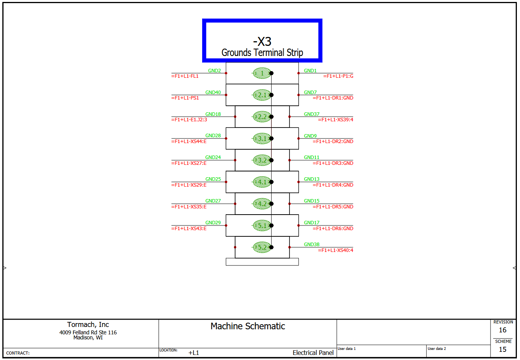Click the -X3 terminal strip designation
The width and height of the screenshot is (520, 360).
(262, 42)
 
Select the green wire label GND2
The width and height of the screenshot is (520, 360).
(214, 71)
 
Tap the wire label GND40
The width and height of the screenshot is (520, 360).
(213, 93)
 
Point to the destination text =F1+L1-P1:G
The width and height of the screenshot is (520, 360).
(338, 76)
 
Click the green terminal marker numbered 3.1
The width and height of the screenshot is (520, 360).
(262, 138)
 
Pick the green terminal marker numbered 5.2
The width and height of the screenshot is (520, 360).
(262, 247)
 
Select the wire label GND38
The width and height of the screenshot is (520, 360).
(312, 245)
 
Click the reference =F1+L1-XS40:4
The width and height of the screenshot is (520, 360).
(335, 250)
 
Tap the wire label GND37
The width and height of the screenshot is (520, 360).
(312, 114)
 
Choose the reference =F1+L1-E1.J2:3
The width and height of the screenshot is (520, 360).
(189, 120)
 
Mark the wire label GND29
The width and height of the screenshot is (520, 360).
(213, 223)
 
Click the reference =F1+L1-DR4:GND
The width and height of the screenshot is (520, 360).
(333, 185)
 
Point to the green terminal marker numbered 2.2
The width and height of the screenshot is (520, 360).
(262, 117)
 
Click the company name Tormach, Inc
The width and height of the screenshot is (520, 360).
(88, 325)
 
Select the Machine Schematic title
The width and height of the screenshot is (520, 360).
(248, 326)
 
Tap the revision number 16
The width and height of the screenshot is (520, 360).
(503, 330)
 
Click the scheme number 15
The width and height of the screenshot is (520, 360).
(503, 350)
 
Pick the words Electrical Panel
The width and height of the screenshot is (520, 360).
(313, 353)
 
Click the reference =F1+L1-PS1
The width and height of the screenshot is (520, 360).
(185, 98)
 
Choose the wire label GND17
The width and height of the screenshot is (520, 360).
(312, 223)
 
